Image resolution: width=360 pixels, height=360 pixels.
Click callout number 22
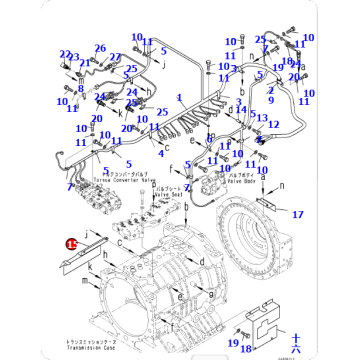point(65,55)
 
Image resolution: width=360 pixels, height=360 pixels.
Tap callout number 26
point(100,48)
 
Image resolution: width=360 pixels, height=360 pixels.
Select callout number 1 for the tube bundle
point(180,98)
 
